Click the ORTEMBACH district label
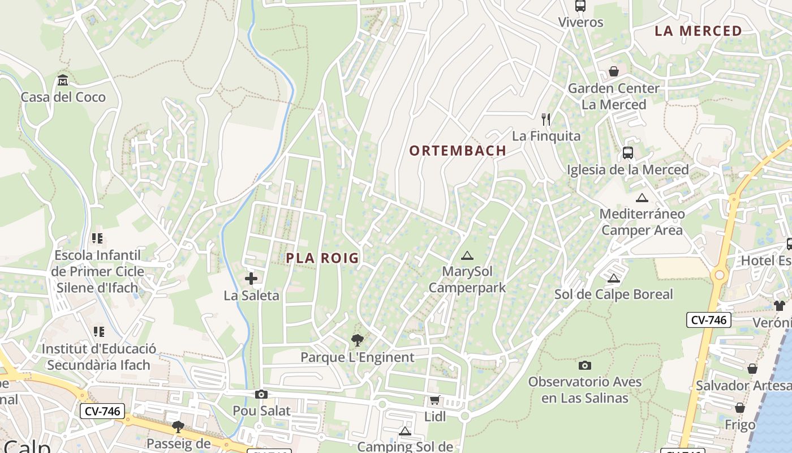click(457, 151)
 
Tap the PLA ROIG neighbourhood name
click(322, 258)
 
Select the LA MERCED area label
click(698, 31)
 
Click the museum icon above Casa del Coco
click(63, 80)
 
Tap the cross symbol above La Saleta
click(251, 279)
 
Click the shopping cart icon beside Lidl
click(434, 400)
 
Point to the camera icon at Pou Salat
click(261, 394)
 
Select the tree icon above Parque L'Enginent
click(357, 340)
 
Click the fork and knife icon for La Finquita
click(546, 119)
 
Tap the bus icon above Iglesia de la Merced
click(628, 153)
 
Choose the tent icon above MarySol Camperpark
click(467, 255)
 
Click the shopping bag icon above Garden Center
click(614, 72)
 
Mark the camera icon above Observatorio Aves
click(585, 365)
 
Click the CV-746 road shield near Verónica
click(709, 320)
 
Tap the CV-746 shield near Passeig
click(102, 411)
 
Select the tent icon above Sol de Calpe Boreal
click(614, 278)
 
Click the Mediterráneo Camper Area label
click(642, 222)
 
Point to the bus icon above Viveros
click(580, 6)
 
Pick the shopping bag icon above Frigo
click(740, 408)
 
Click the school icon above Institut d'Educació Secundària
click(99, 332)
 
